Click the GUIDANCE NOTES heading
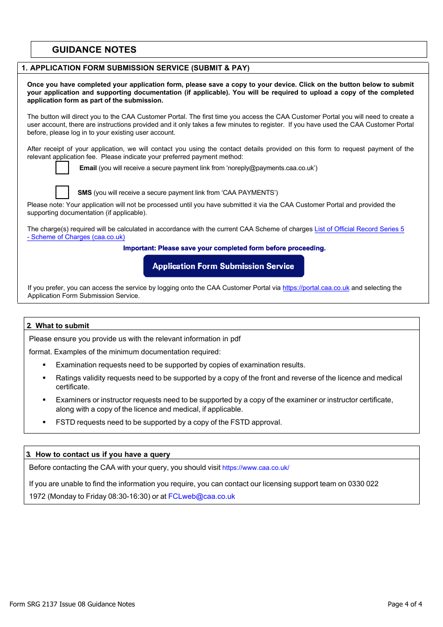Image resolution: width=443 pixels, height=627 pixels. (94, 50)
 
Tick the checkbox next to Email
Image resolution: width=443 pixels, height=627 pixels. (62, 168)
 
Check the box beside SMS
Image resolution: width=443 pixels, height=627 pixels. (62, 192)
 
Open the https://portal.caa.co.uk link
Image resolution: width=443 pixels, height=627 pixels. (316, 288)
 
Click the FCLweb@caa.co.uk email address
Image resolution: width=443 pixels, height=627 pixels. (201, 496)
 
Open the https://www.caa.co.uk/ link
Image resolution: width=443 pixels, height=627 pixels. (256, 468)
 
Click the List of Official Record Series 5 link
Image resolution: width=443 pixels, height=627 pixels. (359, 229)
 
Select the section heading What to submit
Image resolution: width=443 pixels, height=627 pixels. (62, 326)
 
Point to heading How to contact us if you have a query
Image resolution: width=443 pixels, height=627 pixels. (103, 455)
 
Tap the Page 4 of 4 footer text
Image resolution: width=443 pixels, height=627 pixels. (405, 604)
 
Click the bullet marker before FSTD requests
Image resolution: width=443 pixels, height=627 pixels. (44, 422)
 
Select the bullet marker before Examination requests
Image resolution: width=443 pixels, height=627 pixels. (44, 365)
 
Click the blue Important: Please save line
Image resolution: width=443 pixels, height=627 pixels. (224, 248)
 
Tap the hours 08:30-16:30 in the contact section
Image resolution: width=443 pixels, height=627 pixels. (129, 496)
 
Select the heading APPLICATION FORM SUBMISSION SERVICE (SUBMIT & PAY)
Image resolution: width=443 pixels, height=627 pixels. (139, 68)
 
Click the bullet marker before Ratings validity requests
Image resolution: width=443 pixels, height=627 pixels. (44, 378)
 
